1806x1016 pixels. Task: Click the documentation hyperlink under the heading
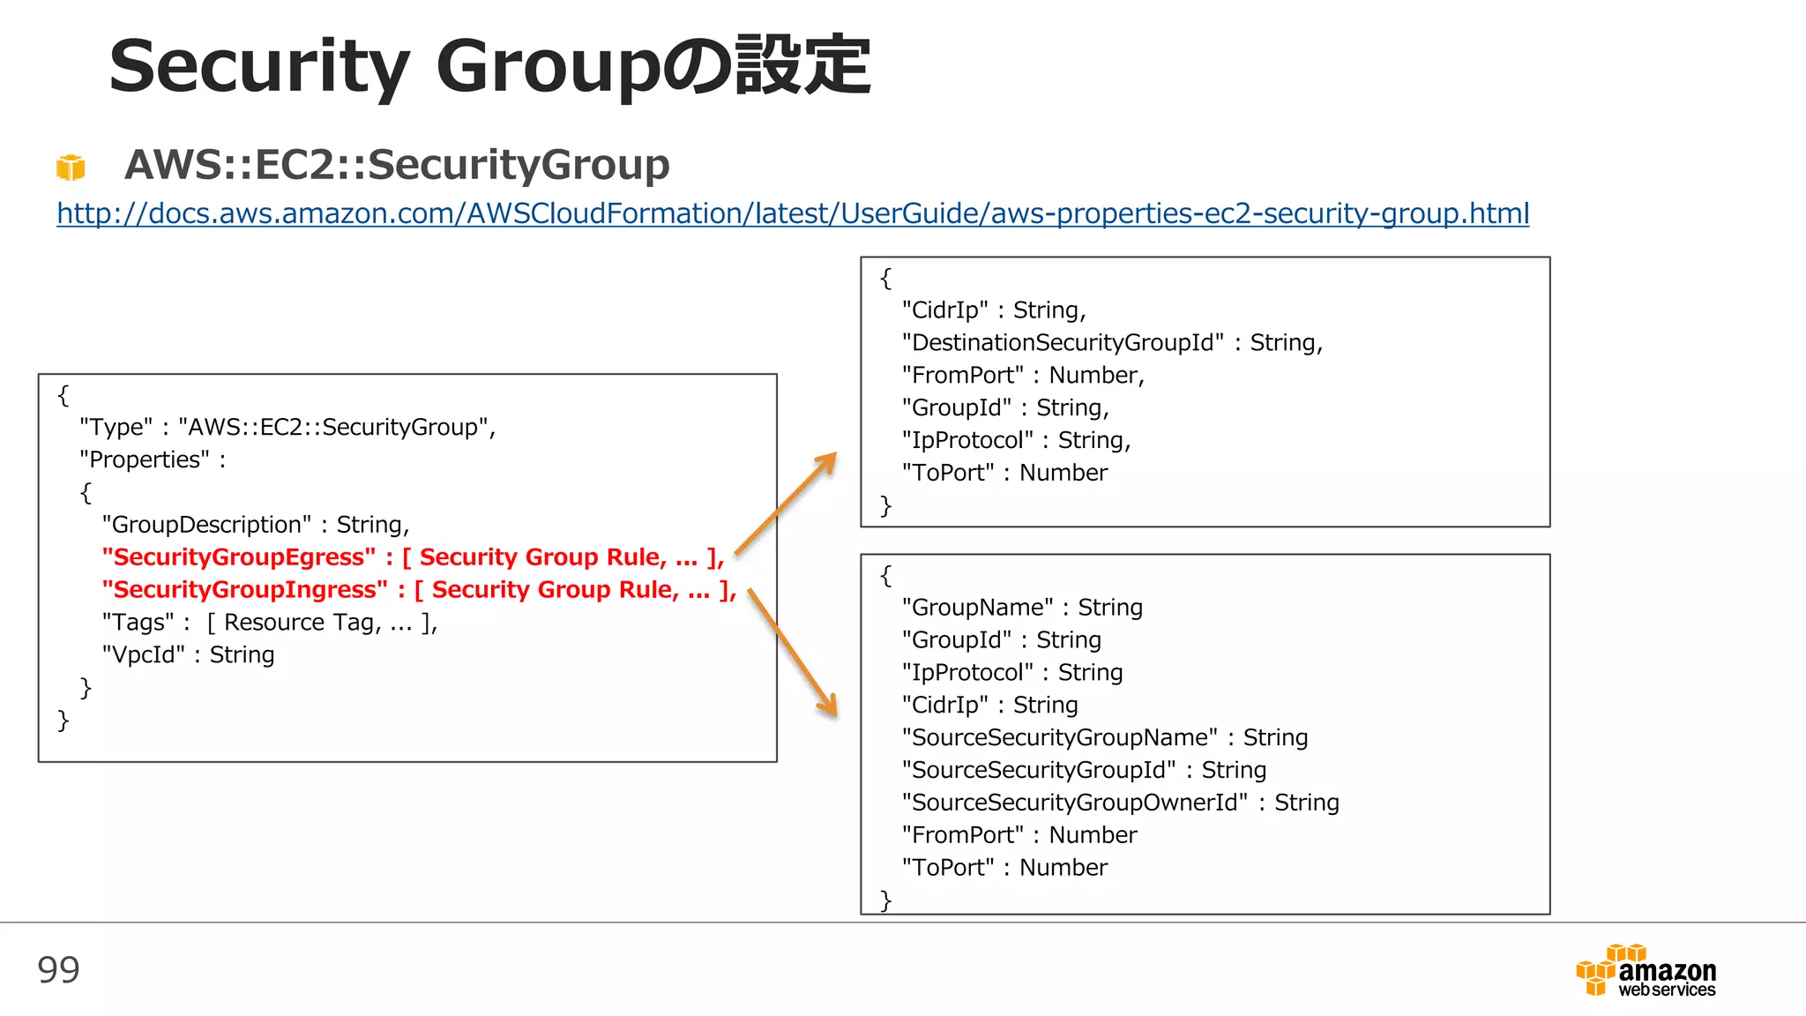(792, 213)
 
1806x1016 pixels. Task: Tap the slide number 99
(58, 970)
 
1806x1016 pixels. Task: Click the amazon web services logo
(1646, 971)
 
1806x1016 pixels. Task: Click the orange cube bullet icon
(71, 167)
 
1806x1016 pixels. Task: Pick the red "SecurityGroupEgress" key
(239, 557)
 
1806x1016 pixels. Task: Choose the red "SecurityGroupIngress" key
(245, 590)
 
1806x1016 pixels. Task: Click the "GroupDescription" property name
(206, 525)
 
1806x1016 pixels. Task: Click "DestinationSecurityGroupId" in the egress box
(1063, 343)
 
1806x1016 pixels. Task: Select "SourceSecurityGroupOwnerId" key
(1075, 803)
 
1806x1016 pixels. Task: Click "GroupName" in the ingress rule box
(978, 608)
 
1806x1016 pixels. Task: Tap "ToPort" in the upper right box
(948, 474)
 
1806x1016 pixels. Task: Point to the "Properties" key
(145, 460)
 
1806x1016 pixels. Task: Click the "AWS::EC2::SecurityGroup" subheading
(397, 165)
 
